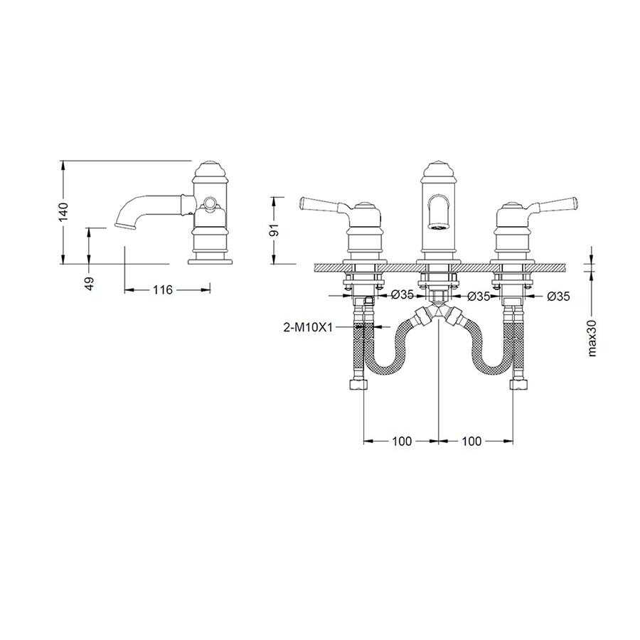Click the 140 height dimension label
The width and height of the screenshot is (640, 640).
pos(63,212)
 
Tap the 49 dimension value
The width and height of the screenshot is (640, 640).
pos(90,283)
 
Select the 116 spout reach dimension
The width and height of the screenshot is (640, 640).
pos(163,290)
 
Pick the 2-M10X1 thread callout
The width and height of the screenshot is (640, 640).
pos(308,327)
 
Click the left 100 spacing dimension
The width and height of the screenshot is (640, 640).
pos(402,441)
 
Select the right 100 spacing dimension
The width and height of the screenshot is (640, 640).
pos(471,441)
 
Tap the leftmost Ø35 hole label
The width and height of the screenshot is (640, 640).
pos(402,295)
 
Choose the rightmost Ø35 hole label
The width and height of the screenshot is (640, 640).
pos(558,297)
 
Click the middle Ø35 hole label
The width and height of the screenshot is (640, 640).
pos(479,297)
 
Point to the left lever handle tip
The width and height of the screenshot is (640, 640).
pos(302,201)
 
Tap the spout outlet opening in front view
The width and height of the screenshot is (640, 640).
pos(438,226)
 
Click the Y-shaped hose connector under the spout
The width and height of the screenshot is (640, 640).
pos(438,314)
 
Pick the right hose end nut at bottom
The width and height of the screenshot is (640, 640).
pos(521,384)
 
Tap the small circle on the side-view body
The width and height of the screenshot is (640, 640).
pos(209,202)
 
